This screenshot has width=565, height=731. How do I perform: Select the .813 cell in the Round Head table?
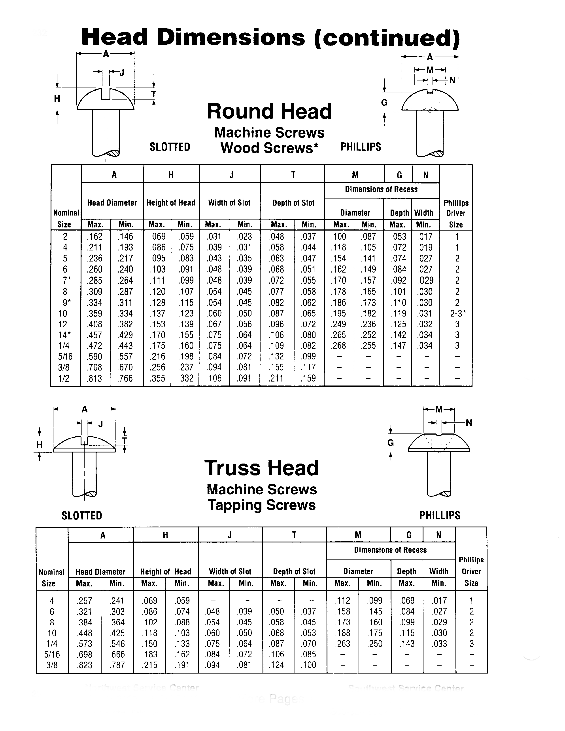95,379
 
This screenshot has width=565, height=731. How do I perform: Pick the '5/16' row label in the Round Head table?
64,357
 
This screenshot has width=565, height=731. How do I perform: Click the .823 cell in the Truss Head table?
84,665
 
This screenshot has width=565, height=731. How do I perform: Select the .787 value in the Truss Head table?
117,665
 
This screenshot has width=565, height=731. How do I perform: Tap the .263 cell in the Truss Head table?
343,644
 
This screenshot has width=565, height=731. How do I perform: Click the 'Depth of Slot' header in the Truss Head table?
294,572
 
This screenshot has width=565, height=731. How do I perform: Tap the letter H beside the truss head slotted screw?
40,445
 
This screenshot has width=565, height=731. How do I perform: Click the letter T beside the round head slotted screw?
153,94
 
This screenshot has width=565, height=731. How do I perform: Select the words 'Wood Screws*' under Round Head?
269,148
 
